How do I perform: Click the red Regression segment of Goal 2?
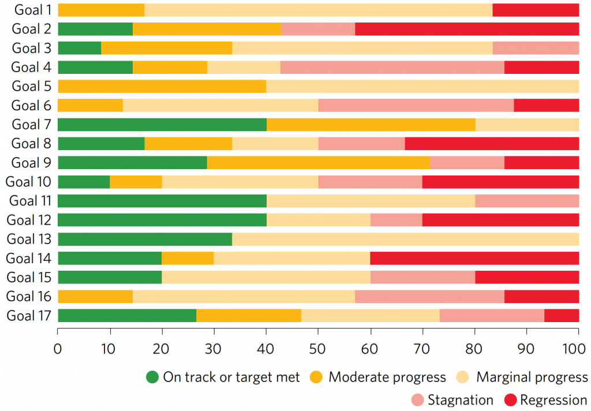[x=467, y=29]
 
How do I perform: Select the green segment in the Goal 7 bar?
[x=162, y=125]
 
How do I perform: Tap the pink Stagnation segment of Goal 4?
[x=392, y=67]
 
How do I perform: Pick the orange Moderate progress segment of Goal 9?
[x=319, y=163]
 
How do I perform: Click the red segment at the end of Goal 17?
[x=562, y=316]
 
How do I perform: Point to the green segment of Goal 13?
[x=145, y=239]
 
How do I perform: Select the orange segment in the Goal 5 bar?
[x=162, y=87]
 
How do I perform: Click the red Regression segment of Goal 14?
[x=474, y=258]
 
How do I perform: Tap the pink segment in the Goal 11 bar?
[x=527, y=201]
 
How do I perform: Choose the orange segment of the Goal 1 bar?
[x=101, y=10]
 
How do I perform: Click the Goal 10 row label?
[x=28, y=182]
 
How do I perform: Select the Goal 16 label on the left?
[x=29, y=296]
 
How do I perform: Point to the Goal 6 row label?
[x=31, y=106]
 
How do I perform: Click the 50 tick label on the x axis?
[x=317, y=349]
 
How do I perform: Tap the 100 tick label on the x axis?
[x=574, y=349]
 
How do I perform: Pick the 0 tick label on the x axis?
[x=58, y=349]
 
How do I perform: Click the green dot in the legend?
[x=152, y=377]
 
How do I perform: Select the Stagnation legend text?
[x=461, y=400]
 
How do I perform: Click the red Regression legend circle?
[x=510, y=400]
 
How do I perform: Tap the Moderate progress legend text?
[x=387, y=377]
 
